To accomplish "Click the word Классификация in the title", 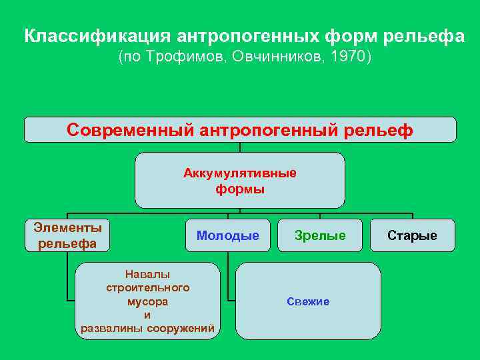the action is point(98,36).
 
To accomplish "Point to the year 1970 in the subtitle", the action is point(350,57).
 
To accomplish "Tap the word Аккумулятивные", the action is point(240,173).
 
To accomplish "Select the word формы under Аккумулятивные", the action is point(240,189).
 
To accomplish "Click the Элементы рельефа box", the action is point(67,235).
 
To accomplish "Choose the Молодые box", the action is point(228,235).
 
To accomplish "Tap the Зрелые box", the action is point(321,235).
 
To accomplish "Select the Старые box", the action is point(413,235).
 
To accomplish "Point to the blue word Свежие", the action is point(308,301).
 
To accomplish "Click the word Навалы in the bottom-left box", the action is point(147,274).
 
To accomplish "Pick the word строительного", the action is point(148,287).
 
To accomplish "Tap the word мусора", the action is point(148,301).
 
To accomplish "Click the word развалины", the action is point(111,327).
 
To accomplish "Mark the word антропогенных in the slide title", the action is point(249,36).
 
